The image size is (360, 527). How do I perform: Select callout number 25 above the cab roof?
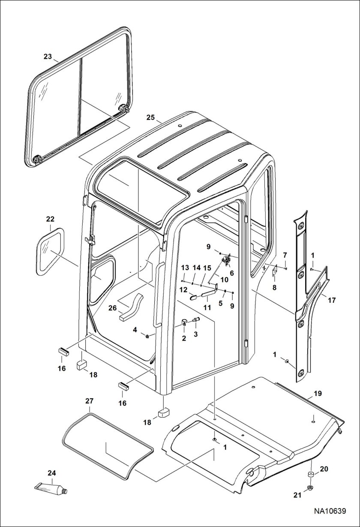coord(150,117)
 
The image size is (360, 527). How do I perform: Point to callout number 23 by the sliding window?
coord(48,56)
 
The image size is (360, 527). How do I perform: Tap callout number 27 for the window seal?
coord(89,401)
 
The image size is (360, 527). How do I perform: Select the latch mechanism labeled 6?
coord(227,260)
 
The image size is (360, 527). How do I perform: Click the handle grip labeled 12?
coord(192,295)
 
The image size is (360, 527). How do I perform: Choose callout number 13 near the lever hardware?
coord(185,267)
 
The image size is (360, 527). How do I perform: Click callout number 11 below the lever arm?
coord(207,307)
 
